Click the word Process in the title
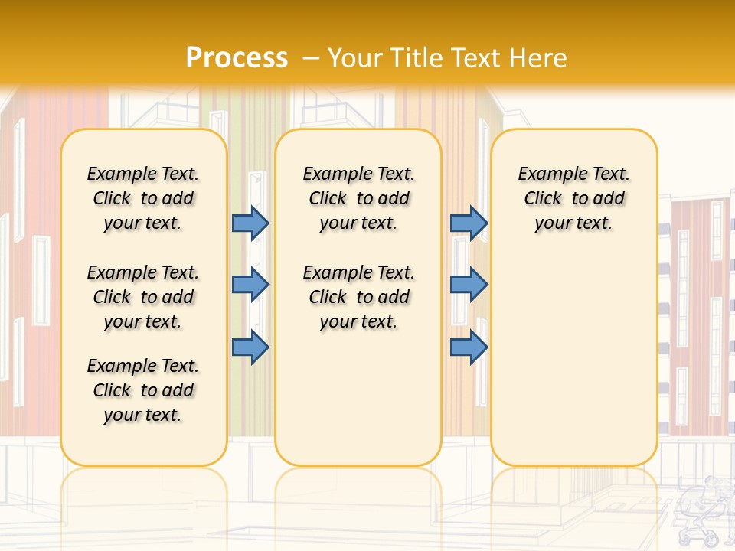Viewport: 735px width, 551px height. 237,57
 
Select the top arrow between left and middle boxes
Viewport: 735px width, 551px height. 250,223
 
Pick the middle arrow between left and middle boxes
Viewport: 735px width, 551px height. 250,285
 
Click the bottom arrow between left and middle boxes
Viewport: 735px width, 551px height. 250,347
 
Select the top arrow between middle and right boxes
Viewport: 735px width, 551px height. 469,223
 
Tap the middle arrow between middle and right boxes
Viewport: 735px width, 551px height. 469,285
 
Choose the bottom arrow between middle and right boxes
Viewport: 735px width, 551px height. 469,347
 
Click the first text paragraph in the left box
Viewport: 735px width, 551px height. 143,198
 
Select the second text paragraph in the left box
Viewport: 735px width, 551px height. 143,297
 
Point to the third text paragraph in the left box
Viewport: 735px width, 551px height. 143,390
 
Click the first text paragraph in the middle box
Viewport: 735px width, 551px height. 359,198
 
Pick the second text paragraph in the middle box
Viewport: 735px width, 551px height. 359,297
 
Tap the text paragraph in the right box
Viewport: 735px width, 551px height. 574,198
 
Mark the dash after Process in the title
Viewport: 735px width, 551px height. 311,57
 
